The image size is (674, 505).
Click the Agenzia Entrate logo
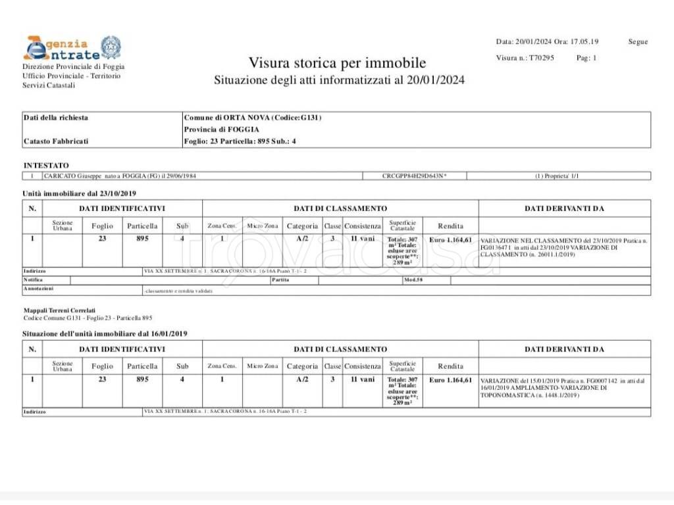pyautogui.click(x=72, y=47)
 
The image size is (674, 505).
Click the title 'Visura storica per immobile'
pyautogui.click(x=337, y=63)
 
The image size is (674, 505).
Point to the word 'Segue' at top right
pyautogui.click(x=638, y=41)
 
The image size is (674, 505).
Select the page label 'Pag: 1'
pyautogui.click(x=586, y=58)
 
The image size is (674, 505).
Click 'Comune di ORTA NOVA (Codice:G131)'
pyautogui.click(x=253, y=118)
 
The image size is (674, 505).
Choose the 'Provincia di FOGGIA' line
pyautogui.click(x=221, y=130)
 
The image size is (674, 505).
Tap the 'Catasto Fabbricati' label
pyautogui.click(x=56, y=141)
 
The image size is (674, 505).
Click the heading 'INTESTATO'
pyautogui.click(x=46, y=165)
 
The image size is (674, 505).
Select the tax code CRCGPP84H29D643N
pyautogui.click(x=414, y=176)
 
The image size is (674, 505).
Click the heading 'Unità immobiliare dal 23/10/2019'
pyautogui.click(x=79, y=193)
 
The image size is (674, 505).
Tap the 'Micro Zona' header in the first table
pyautogui.click(x=262, y=226)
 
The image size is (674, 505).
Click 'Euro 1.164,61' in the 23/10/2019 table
pyautogui.click(x=450, y=240)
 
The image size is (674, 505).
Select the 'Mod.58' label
pyautogui.click(x=413, y=280)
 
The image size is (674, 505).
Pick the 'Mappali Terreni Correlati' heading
pyautogui.click(x=59, y=310)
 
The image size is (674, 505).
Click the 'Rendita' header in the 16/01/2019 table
pyautogui.click(x=450, y=366)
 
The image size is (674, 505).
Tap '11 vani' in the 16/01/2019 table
pyautogui.click(x=362, y=380)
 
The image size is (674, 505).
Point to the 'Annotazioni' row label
pyautogui.click(x=39, y=289)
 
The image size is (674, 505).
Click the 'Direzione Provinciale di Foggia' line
pyautogui.click(x=73, y=66)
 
